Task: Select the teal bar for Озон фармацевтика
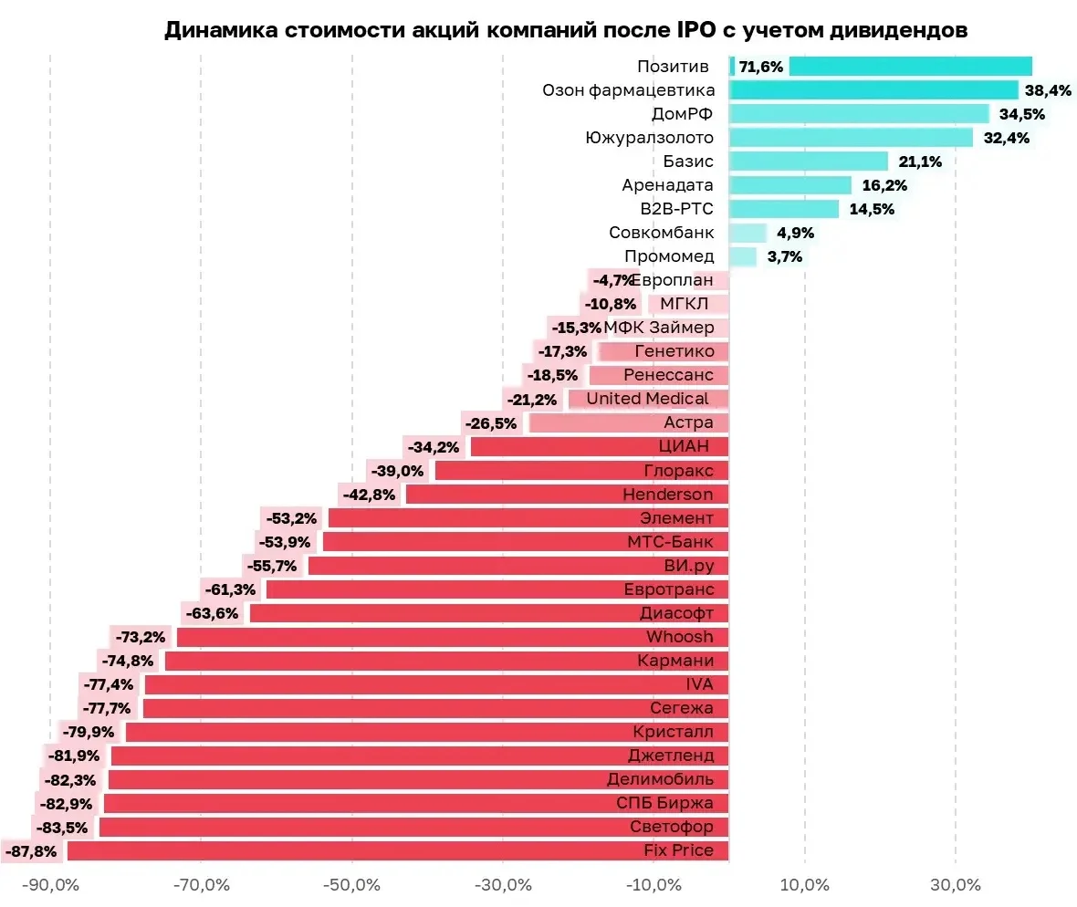pos(873,90)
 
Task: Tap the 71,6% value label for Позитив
pos(761,67)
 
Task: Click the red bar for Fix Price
pos(398,850)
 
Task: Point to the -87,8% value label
pos(31,851)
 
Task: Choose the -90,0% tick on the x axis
pos(50,885)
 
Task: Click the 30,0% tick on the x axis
pos(956,885)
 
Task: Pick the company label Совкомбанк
pos(662,233)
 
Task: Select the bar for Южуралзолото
pos(851,137)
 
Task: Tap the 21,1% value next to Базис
pos(920,162)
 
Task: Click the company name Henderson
pos(667,495)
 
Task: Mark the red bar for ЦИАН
pos(600,447)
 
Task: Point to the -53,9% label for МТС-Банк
pos(285,542)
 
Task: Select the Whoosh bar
pos(453,637)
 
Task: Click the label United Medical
pos(647,399)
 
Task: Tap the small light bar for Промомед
pos(743,256)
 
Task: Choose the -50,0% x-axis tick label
pos(351,885)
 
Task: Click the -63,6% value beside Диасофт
pos(213,613)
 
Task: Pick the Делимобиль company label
pos(660,779)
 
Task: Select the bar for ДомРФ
pos(859,114)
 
